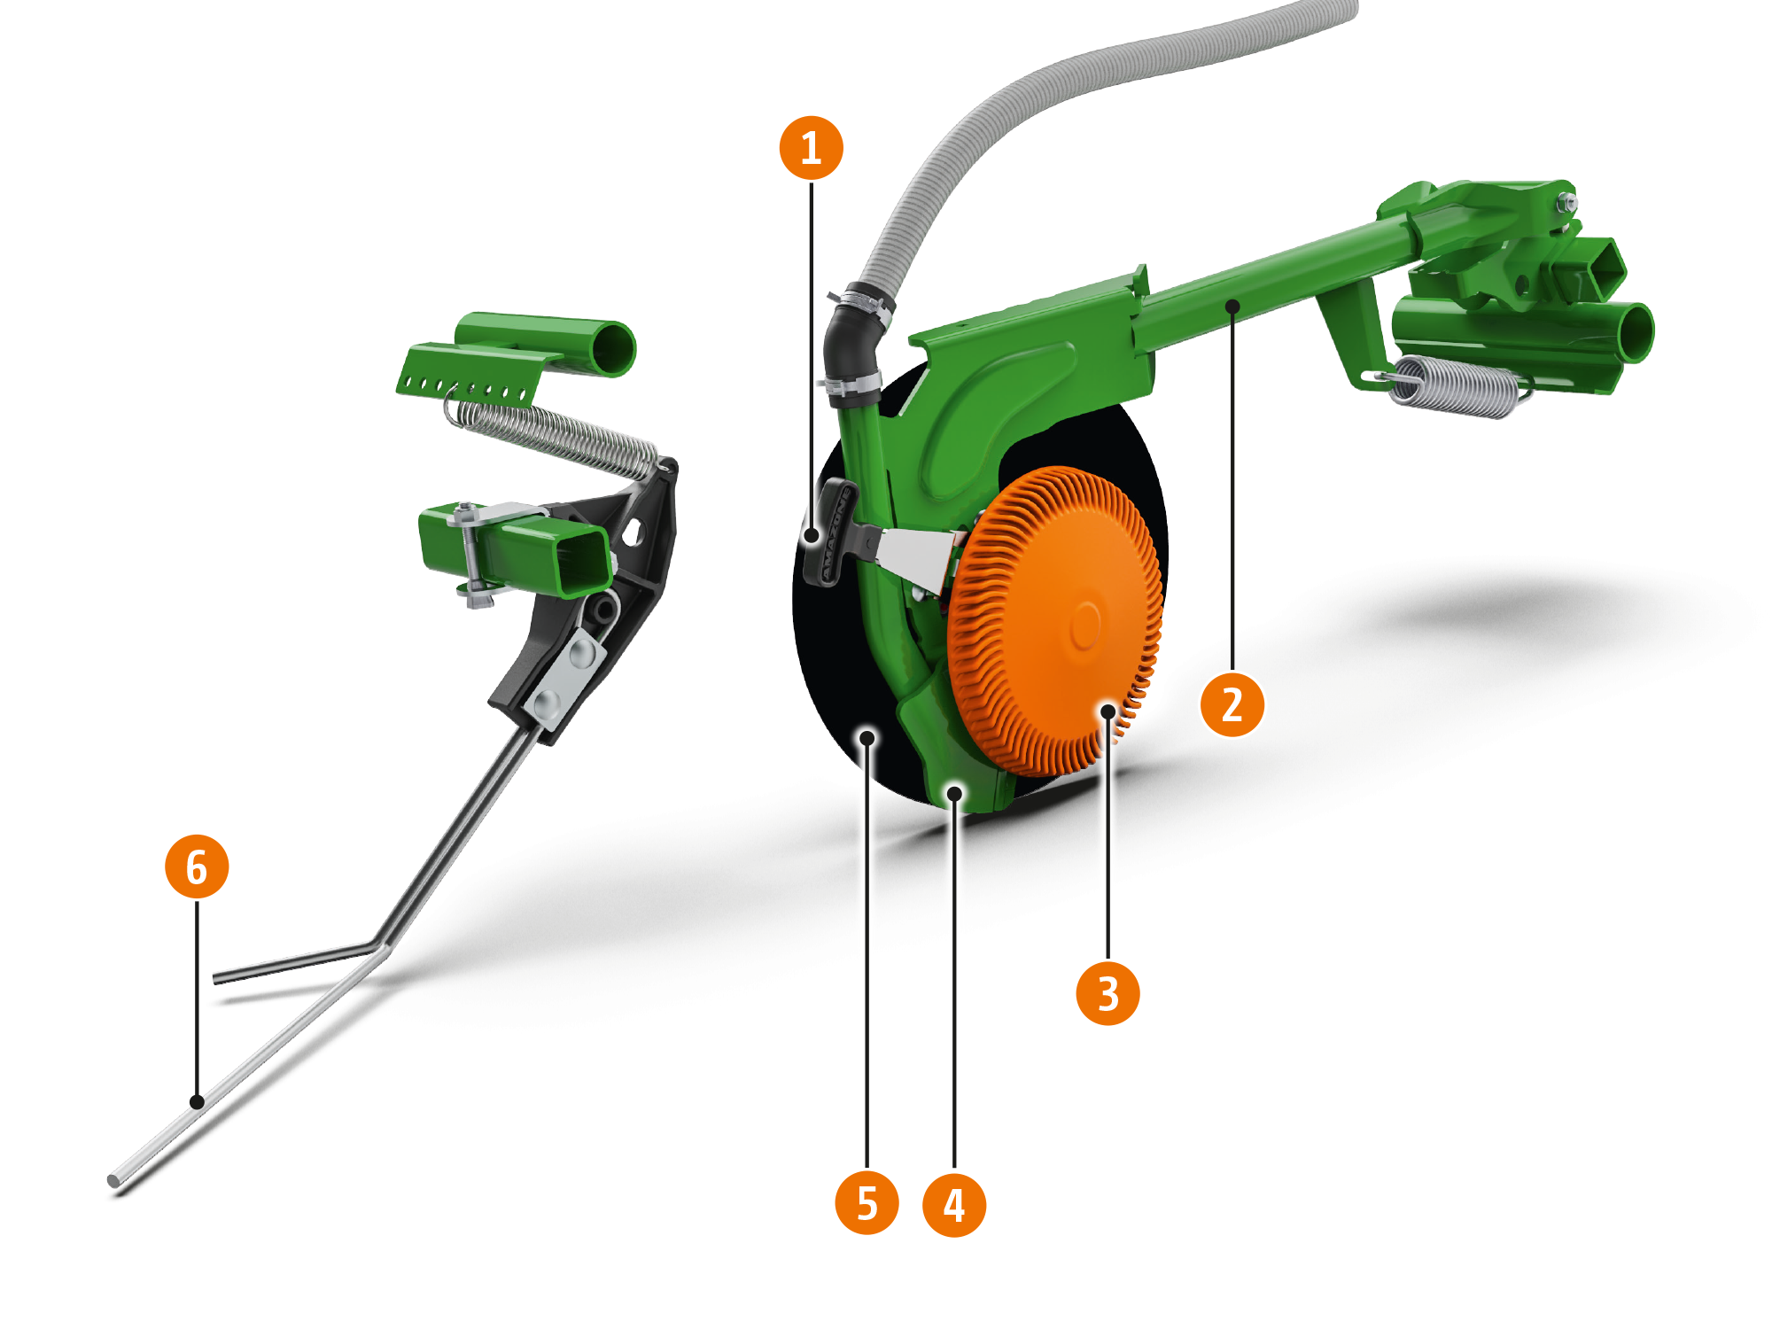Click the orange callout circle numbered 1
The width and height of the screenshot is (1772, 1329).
point(811,147)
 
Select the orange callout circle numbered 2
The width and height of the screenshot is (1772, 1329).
point(1232,705)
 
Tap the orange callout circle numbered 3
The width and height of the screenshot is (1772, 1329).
point(1107,992)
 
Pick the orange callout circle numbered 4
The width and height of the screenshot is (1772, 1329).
point(954,1204)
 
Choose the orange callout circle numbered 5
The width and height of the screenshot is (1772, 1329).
point(867,1204)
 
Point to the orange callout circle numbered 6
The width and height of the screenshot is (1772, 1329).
point(197,867)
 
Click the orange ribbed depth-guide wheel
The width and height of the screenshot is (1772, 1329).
point(1054,620)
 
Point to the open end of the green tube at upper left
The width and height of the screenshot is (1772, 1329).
point(613,347)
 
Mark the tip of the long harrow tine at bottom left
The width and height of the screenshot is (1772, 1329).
point(115,1180)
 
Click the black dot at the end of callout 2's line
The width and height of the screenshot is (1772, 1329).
point(1232,306)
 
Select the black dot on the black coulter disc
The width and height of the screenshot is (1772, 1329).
point(867,737)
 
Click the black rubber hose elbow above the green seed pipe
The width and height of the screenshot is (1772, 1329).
point(851,346)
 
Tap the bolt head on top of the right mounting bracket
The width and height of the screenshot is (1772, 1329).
point(1566,202)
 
